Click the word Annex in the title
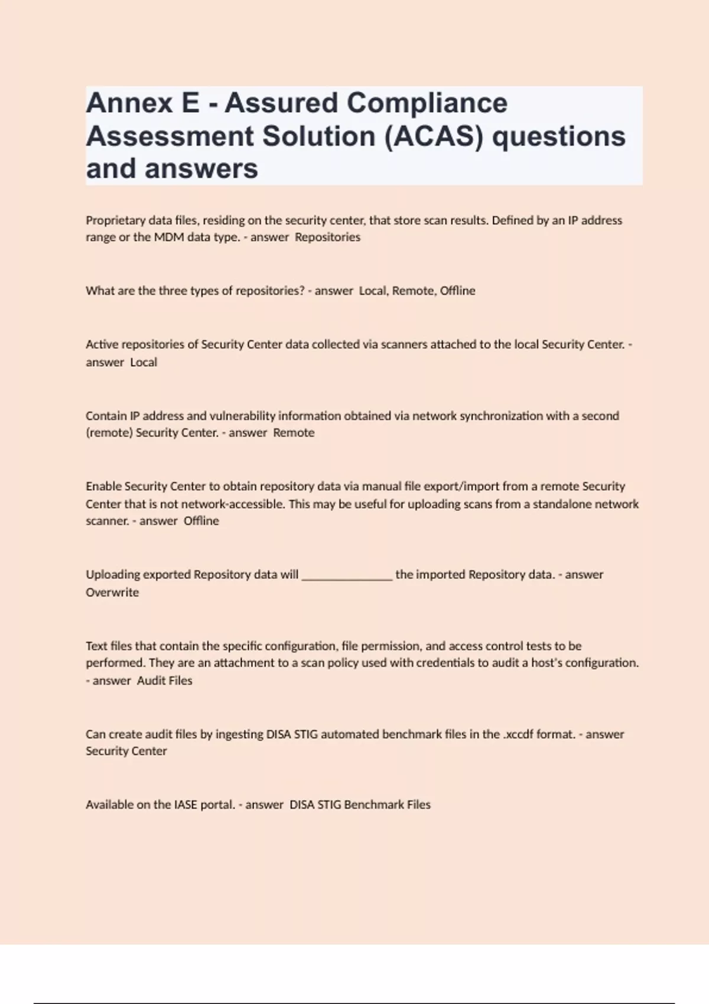tap(129, 103)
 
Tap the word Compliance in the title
tap(427, 103)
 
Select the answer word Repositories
tap(327, 237)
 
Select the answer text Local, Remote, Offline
tap(417, 291)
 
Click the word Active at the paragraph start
tap(101, 344)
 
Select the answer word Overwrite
tap(112, 592)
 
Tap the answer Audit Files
tap(165, 680)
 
